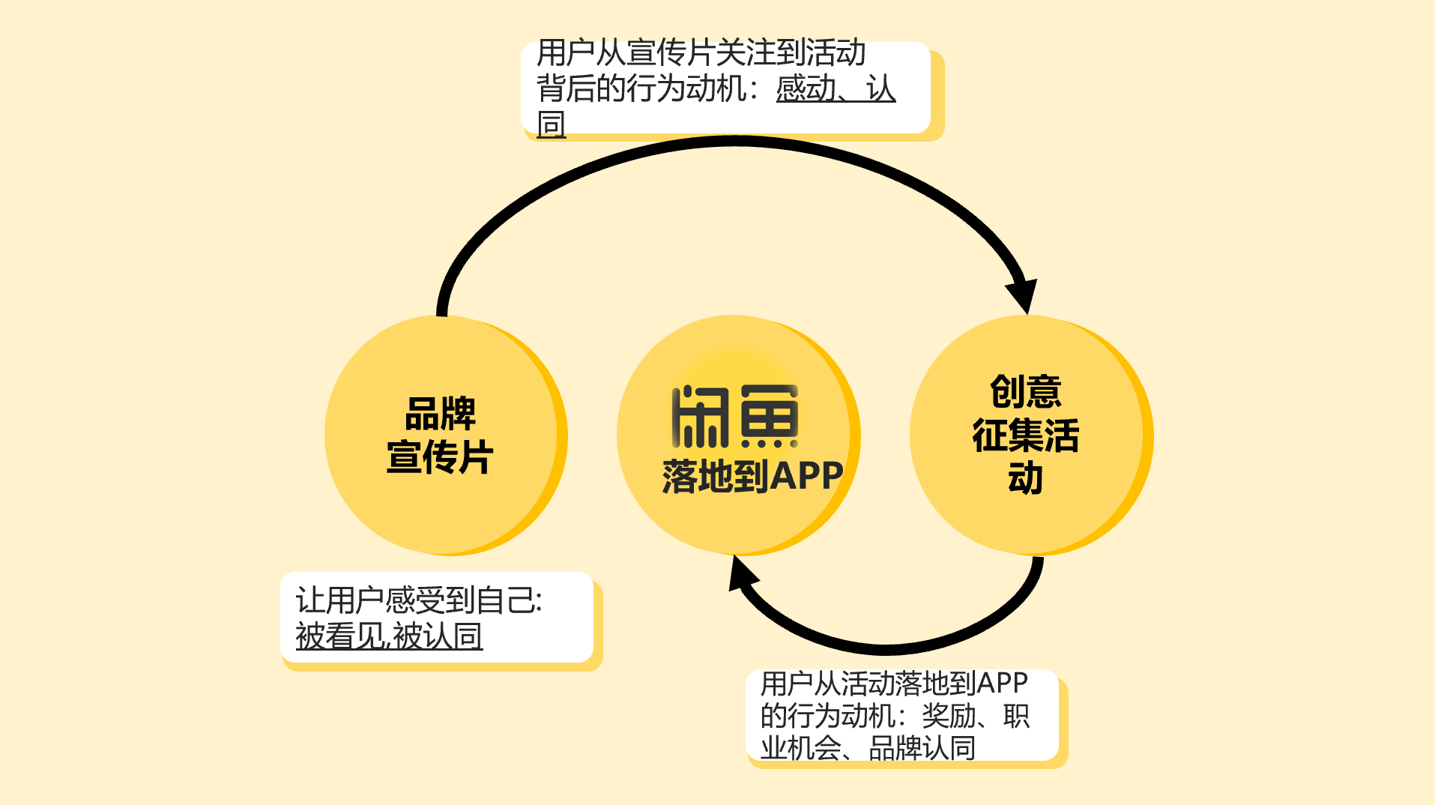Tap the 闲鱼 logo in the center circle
pyautogui.click(x=735, y=417)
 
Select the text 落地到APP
pyautogui.click(x=752, y=477)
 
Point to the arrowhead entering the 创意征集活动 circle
pyautogui.click(x=1024, y=294)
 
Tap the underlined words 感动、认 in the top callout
pyautogui.click(x=836, y=89)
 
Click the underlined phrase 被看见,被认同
pyautogui.click(x=389, y=636)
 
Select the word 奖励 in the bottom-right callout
pyautogui.click(x=948, y=716)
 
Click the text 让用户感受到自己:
pyautogui.click(x=418, y=600)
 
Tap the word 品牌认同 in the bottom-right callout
pyautogui.click(x=922, y=748)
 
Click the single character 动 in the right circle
pyautogui.click(x=1026, y=478)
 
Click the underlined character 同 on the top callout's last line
pyautogui.click(x=552, y=124)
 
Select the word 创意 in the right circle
pyautogui.click(x=1026, y=391)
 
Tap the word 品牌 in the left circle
pyautogui.click(x=441, y=414)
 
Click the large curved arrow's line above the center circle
pyautogui.click(x=734, y=141)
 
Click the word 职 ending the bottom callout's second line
pyautogui.click(x=1016, y=716)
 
